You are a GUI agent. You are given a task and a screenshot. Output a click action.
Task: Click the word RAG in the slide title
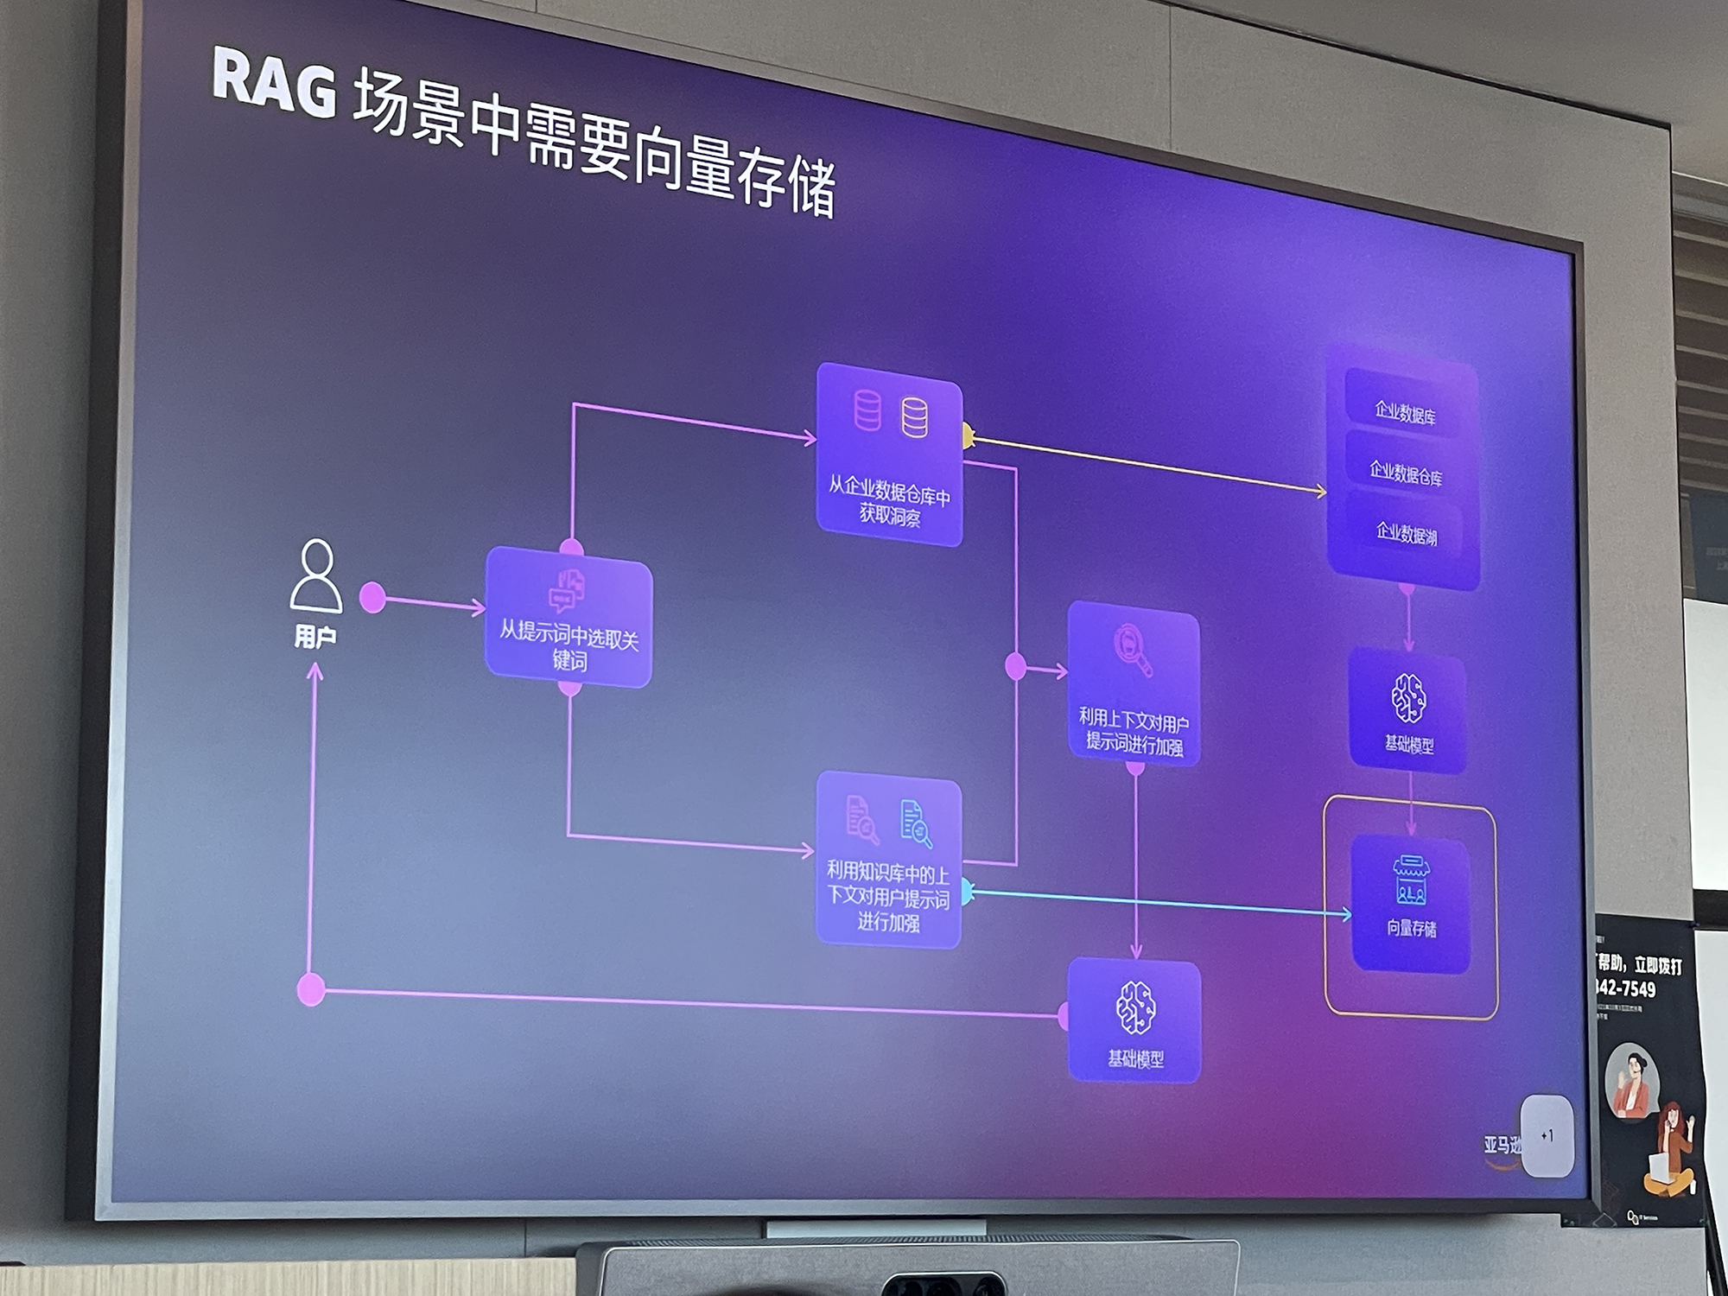(x=274, y=85)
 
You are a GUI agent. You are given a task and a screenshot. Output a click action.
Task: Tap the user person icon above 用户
(x=315, y=576)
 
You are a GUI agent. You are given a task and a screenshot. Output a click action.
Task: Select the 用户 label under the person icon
(x=315, y=638)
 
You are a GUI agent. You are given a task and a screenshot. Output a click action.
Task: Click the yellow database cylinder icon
(x=914, y=417)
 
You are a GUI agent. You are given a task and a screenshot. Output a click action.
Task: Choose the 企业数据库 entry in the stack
(x=1405, y=413)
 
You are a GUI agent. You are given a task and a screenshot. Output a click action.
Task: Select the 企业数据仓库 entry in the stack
(x=1405, y=473)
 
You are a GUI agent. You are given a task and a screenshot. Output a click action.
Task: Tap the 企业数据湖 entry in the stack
(x=1406, y=533)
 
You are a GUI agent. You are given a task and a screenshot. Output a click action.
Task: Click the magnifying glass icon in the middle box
(x=1133, y=649)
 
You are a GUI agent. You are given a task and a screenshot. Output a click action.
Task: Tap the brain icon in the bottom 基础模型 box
(x=1135, y=1007)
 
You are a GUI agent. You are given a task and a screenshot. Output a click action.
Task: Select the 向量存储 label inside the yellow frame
(x=1411, y=928)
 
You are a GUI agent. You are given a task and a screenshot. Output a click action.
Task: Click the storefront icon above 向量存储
(x=1410, y=880)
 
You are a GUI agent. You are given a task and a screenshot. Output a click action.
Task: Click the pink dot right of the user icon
(x=372, y=597)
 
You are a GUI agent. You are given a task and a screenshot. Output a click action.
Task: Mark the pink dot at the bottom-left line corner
(x=311, y=989)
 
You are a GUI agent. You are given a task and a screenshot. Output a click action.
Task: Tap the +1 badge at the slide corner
(x=1547, y=1136)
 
